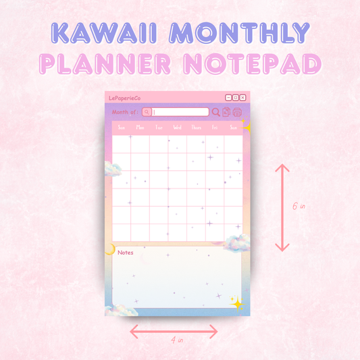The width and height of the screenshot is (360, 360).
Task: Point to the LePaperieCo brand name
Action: (x=124, y=99)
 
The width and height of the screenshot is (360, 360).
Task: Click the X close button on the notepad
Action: (x=243, y=98)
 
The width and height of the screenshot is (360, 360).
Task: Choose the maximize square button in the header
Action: (x=236, y=98)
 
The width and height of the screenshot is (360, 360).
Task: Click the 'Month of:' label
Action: (x=126, y=112)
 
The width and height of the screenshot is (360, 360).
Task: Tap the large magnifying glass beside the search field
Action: (x=216, y=112)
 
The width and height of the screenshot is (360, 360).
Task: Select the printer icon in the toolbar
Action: (x=236, y=112)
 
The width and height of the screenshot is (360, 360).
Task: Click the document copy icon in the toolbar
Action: (x=226, y=112)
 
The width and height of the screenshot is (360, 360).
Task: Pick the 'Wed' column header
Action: (x=177, y=127)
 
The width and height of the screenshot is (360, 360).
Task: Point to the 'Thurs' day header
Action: (x=196, y=127)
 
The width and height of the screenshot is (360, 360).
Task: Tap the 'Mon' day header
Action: (x=140, y=127)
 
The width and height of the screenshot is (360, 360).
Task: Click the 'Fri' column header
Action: (x=214, y=127)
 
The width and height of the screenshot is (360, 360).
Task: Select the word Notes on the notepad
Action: (x=126, y=253)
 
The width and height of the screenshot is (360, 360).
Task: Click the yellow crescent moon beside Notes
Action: (x=110, y=250)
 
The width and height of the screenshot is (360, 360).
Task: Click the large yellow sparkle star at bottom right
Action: (x=236, y=303)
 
